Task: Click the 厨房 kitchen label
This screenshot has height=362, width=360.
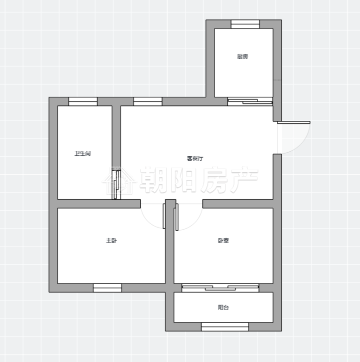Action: click(x=242, y=56)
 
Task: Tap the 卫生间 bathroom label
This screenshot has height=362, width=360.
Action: click(x=82, y=153)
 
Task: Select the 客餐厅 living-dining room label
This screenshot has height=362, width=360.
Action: click(x=195, y=158)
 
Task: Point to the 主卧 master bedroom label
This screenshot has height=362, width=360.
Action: click(x=111, y=241)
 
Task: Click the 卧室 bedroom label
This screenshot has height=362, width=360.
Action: click(x=223, y=241)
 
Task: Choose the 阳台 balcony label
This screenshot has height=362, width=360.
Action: click(x=223, y=307)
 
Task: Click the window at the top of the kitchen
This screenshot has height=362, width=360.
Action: click(x=245, y=24)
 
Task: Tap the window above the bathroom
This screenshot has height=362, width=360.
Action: click(x=83, y=101)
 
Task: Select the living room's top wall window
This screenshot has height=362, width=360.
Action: click(x=147, y=101)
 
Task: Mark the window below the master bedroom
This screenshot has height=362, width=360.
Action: click(x=107, y=288)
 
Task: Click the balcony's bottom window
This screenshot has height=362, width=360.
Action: click(x=225, y=327)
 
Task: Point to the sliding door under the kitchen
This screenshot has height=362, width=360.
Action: click(x=250, y=101)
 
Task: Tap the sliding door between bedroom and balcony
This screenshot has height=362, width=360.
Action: click(x=220, y=288)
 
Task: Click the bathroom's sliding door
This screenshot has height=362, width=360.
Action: click(x=116, y=185)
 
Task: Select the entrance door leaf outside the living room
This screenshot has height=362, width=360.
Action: click(x=293, y=122)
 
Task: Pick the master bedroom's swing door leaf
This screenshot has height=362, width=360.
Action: click(x=164, y=216)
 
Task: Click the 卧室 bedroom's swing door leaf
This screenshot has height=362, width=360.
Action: click(x=177, y=217)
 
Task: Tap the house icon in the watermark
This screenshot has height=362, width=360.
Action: click(x=119, y=181)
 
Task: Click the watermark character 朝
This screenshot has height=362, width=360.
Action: click(x=154, y=180)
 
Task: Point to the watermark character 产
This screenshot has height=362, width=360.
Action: click(x=244, y=179)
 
